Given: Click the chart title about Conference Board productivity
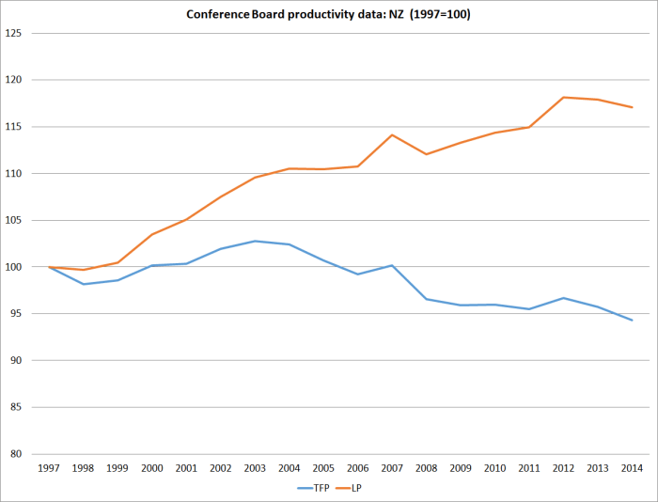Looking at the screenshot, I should pyautogui.click(x=328, y=14).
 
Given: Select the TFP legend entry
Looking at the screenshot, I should pyautogui.click(x=314, y=487).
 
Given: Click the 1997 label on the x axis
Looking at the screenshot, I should pyautogui.click(x=50, y=467).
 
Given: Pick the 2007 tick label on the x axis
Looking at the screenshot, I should pyautogui.click(x=391, y=467).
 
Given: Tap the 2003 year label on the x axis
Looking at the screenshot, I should pyautogui.click(x=255, y=467).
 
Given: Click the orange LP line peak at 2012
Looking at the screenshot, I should pyautogui.click(x=563, y=97).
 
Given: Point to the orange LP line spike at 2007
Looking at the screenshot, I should pyautogui.click(x=391, y=134).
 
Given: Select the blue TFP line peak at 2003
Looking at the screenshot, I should pyautogui.click(x=255, y=241).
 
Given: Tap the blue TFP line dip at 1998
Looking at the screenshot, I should pyautogui.click(x=84, y=284).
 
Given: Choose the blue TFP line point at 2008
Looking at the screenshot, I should pyautogui.click(x=426, y=299).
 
